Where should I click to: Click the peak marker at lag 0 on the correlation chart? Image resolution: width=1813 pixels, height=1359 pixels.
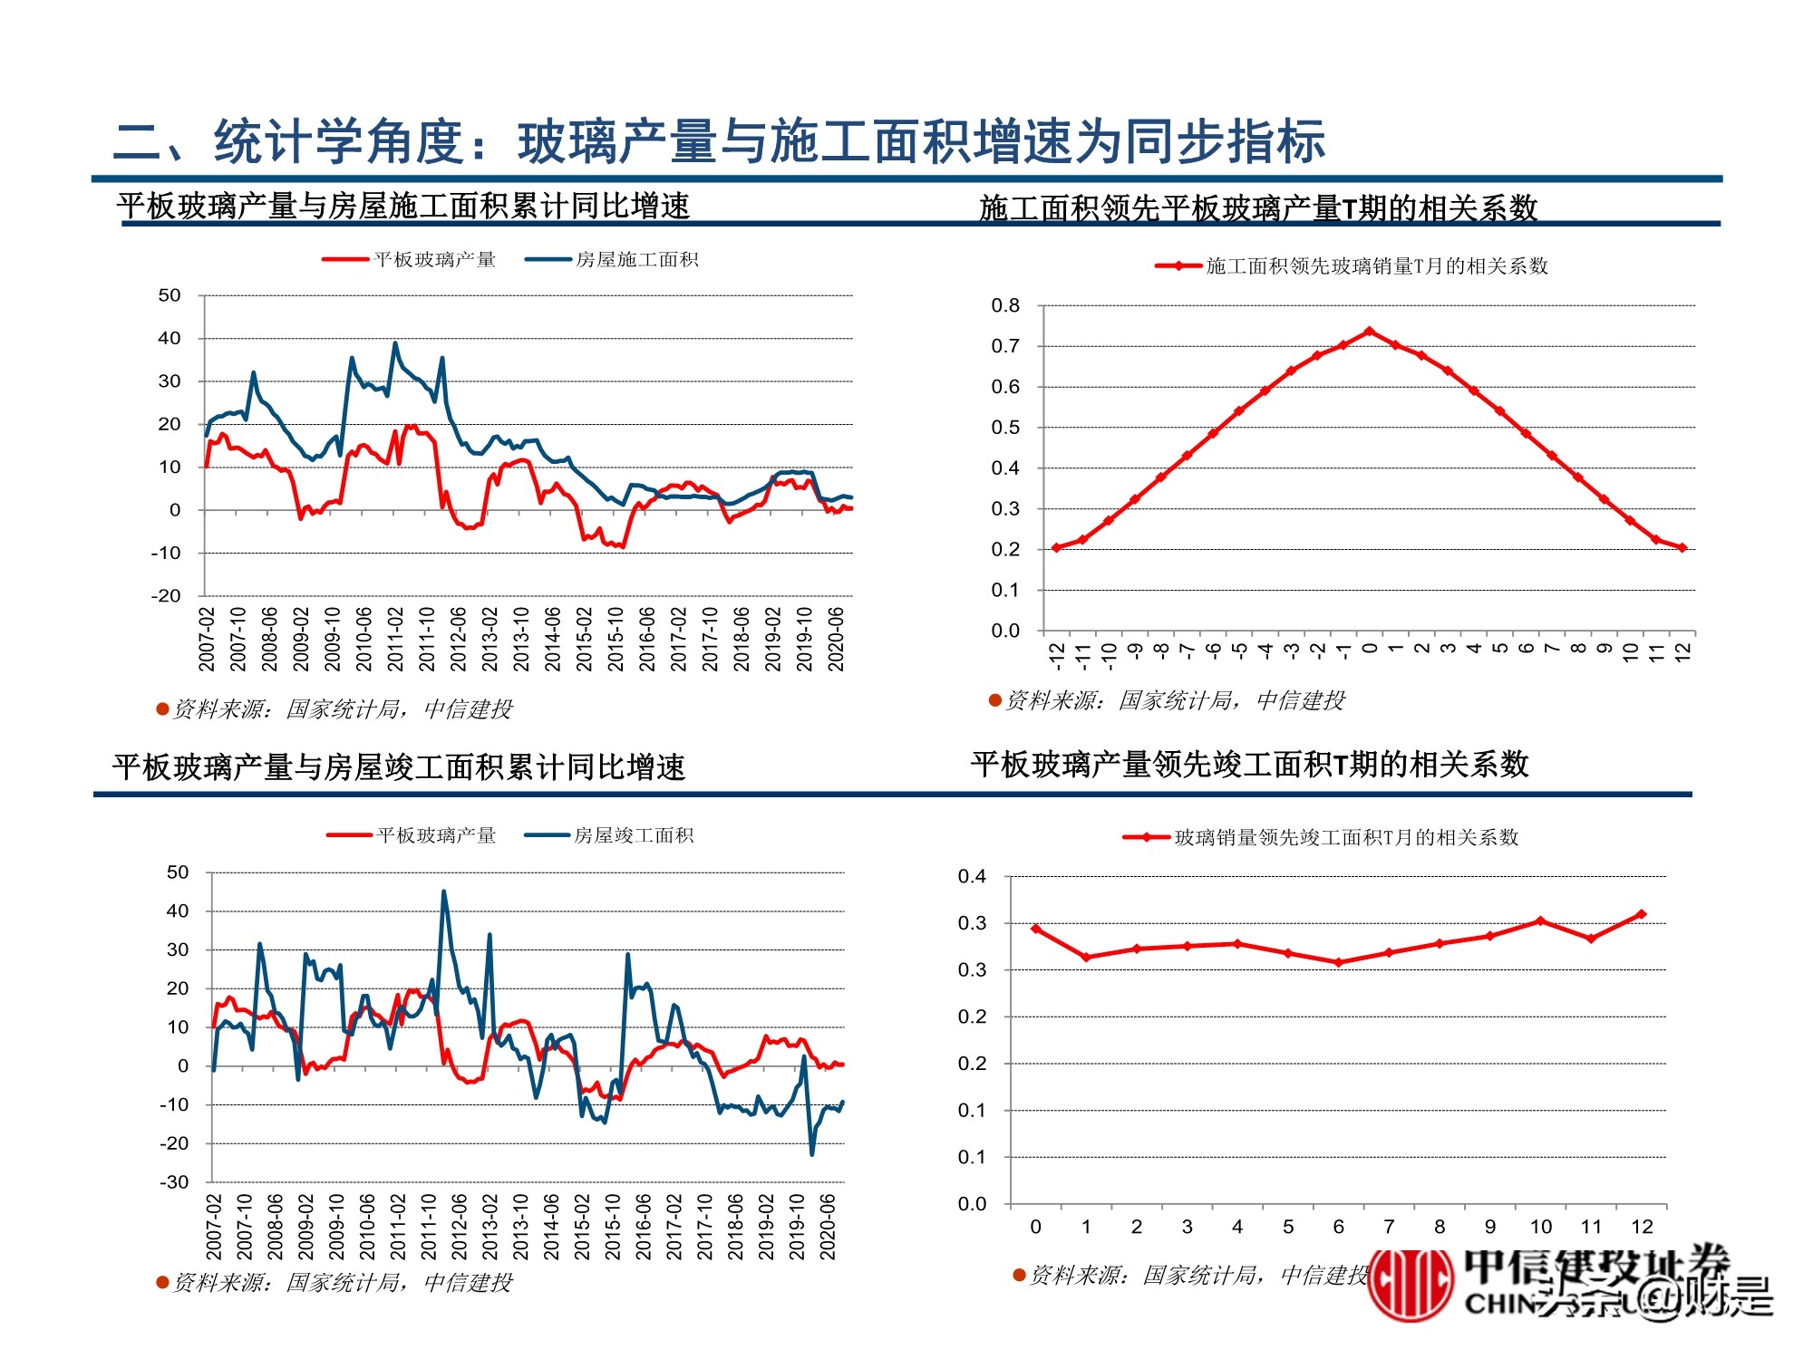(1369, 332)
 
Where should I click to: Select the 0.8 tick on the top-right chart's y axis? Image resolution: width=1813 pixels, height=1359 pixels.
(1005, 305)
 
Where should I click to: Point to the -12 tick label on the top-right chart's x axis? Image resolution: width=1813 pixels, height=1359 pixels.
(1056, 654)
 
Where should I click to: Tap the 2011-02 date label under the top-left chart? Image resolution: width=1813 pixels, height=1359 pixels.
(395, 639)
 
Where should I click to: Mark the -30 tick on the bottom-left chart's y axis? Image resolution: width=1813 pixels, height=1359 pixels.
(174, 1181)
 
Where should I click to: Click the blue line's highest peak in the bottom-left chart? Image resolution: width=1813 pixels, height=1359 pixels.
(443, 892)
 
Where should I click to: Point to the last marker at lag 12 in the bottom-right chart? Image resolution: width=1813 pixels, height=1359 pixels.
(1641, 914)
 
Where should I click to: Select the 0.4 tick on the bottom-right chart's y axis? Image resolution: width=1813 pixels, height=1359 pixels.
(972, 876)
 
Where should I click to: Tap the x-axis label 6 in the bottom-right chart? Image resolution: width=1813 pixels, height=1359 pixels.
(1338, 1227)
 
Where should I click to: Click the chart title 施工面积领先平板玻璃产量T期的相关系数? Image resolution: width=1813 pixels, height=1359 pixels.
(1258, 208)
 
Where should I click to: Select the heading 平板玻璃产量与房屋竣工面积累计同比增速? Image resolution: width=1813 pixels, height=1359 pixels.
(399, 767)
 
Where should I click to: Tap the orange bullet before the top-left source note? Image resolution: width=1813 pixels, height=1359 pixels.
(163, 708)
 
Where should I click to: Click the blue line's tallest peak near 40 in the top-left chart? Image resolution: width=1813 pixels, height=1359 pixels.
(395, 343)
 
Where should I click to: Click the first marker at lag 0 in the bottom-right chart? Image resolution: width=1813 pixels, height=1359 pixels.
(1036, 929)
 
